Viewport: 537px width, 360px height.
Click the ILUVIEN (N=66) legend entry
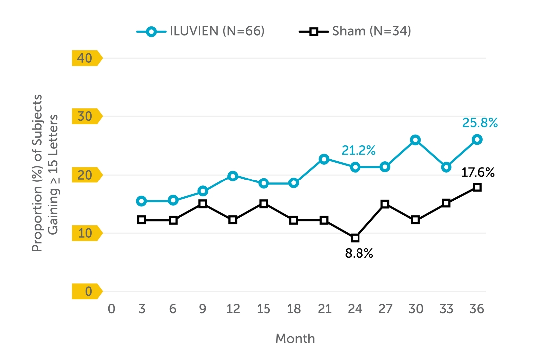point(200,31)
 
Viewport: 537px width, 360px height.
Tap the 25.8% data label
point(479,123)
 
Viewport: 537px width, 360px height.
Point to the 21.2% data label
point(358,150)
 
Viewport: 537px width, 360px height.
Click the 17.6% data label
point(477,173)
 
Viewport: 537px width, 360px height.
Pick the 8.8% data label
point(359,254)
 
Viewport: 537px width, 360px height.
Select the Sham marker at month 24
point(355,238)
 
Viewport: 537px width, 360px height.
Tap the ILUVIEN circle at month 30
point(416,140)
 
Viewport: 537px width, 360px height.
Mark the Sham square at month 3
point(142,220)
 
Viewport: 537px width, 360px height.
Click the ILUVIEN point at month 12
point(233,176)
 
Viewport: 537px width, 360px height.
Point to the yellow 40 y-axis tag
point(87,58)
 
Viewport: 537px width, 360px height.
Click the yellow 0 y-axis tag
point(87,291)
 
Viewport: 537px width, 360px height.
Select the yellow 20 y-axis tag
point(87,175)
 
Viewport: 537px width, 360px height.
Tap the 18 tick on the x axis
point(294,309)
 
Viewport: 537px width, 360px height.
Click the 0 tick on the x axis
point(111,309)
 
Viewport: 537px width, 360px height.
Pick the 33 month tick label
point(447,309)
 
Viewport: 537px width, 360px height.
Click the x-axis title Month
point(295,339)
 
